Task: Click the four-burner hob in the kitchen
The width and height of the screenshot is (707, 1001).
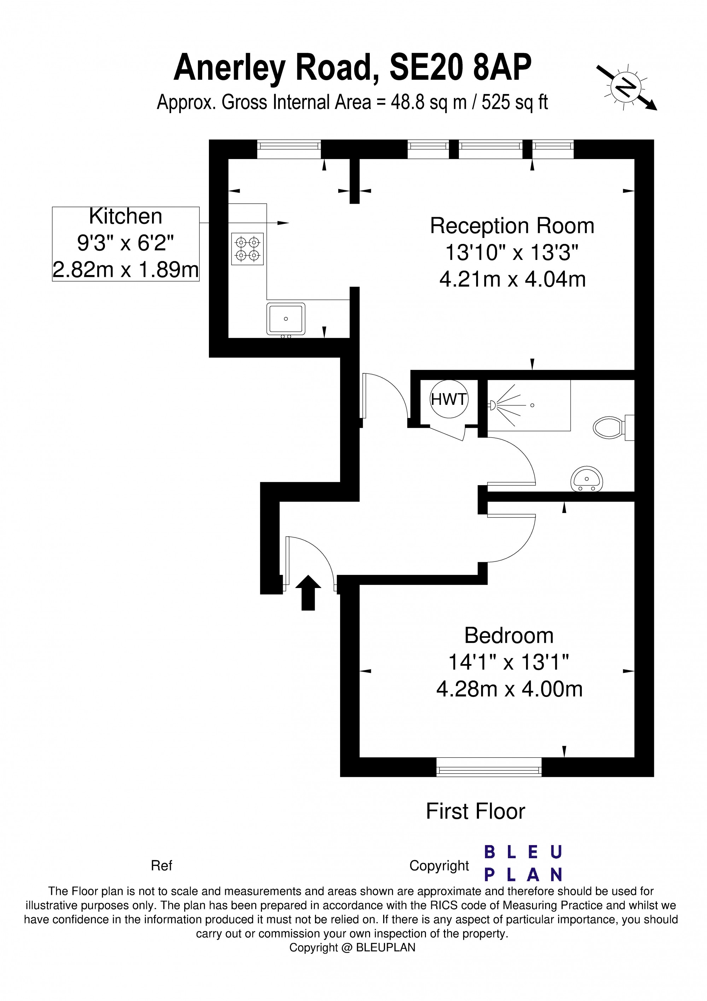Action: pos(247,249)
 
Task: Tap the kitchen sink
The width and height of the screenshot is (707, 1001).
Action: pos(286,319)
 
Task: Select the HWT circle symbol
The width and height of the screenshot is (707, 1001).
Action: pos(449,399)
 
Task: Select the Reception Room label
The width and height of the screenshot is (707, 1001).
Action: pos(512,226)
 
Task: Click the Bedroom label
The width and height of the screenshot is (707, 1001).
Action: pos(509,636)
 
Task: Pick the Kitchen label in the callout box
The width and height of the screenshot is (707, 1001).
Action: pos(125,216)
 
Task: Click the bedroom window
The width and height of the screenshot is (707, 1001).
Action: pos(489,767)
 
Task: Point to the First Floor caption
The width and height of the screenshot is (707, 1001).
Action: pos(475,812)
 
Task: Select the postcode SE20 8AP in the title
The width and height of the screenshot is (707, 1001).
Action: pos(460,67)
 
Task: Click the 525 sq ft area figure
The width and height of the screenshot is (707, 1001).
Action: pos(514,103)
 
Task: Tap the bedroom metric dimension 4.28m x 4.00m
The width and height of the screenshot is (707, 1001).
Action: pos(509,689)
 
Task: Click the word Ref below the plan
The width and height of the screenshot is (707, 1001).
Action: pos(161,866)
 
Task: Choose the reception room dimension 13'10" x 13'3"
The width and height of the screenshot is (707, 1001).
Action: pos(512,252)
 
